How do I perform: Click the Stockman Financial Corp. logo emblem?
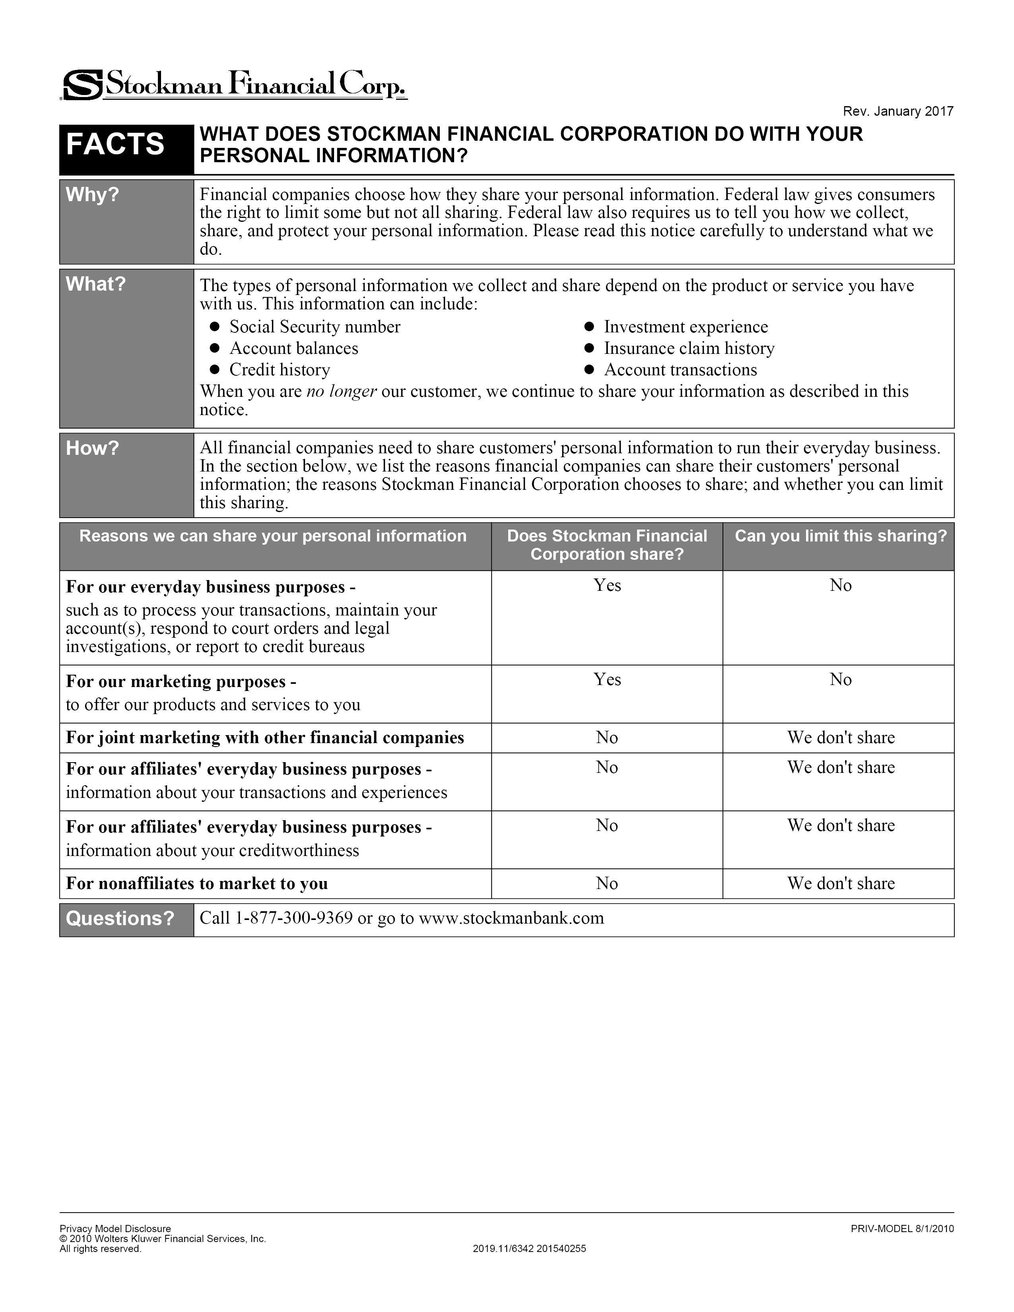pos(82,85)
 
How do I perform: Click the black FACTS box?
pos(115,144)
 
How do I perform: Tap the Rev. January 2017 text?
pos(897,112)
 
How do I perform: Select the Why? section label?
pos(93,195)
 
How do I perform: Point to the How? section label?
pos(93,448)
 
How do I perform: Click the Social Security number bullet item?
pos(314,327)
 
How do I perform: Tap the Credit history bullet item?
pos(279,370)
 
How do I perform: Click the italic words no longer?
pos(341,392)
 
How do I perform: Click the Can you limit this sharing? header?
pos(840,536)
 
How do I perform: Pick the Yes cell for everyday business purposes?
pos(607,586)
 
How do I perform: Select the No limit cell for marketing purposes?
pos(840,679)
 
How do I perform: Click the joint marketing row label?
pos(265,738)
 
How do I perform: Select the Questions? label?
pos(120,918)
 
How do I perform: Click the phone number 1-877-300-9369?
pos(294,918)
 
